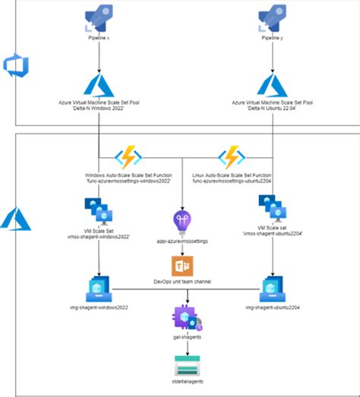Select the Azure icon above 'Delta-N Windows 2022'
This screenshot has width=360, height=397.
[x=99, y=83]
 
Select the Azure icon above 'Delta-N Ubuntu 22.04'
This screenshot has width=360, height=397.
[x=272, y=83]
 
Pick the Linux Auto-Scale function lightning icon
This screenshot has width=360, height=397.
[x=229, y=159]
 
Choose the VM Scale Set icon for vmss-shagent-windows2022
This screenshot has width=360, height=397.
[x=99, y=210]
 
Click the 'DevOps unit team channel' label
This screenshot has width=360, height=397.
[x=183, y=282]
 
